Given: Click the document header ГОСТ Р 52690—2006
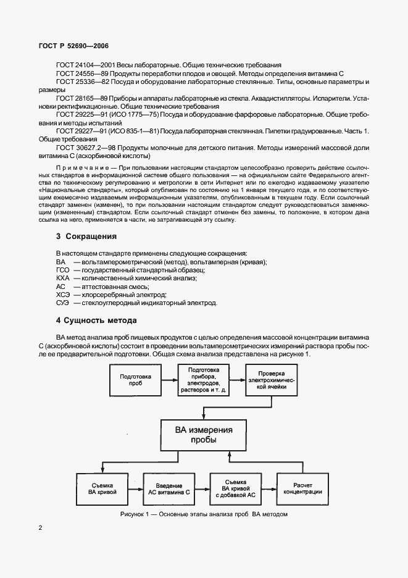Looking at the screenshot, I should pyautogui.click(x=65, y=44).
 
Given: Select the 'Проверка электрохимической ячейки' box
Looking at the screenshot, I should pyautogui.click(x=272, y=379).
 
